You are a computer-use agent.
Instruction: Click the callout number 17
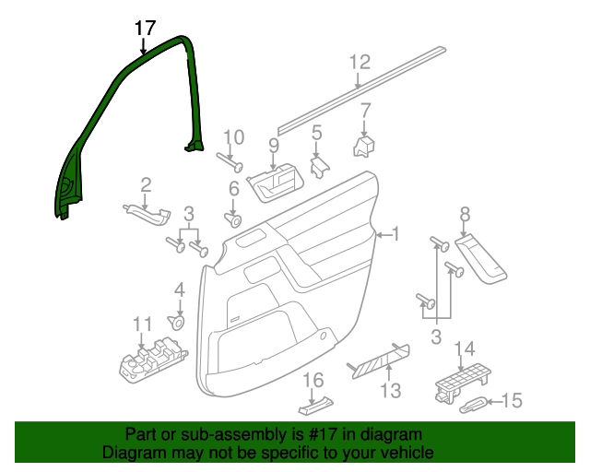[x=145, y=28]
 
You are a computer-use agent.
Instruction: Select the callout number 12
[x=360, y=63]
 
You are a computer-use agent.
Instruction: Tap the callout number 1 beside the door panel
[x=395, y=235]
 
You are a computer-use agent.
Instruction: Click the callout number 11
[x=141, y=324]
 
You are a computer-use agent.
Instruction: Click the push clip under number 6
[x=233, y=220]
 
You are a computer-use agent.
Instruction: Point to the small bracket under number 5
[x=320, y=166]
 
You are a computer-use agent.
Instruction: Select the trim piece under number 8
[x=481, y=255]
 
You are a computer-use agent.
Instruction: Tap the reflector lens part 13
[x=378, y=358]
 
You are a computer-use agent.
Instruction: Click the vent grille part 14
[x=460, y=380]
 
